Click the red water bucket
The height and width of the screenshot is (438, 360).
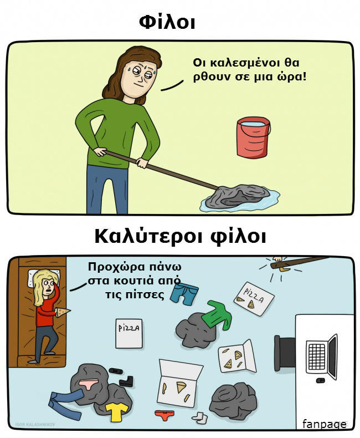[253, 137]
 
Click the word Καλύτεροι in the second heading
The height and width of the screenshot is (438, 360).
[147, 237]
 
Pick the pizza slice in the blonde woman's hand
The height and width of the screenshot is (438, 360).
[63, 312]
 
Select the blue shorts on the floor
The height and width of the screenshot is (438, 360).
[184, 293]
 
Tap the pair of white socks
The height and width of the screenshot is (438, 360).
[200, 418]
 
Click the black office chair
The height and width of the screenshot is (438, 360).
[285, 353]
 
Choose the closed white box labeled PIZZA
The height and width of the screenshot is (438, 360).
[129, 333]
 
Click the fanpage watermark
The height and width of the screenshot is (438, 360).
[325, 424]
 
